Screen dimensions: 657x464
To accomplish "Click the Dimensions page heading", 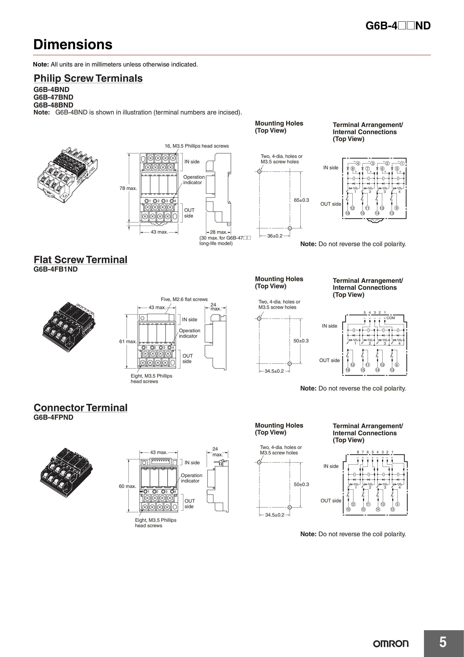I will [73, 45].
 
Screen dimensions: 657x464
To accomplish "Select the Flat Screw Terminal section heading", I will [80, 260].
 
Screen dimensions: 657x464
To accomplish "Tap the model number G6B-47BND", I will [54, 97].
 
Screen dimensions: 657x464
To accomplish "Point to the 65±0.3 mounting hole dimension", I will [301, 200].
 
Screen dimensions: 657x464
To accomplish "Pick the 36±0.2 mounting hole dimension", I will [274, 236].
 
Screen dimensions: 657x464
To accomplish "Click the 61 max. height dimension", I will [128, 341].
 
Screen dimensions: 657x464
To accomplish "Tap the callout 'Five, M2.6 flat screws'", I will [184, 299].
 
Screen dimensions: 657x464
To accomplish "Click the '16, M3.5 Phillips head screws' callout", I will [197, 146].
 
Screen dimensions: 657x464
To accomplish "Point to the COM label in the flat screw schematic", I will [390, 318].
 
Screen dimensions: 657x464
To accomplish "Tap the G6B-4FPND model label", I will [54, 417].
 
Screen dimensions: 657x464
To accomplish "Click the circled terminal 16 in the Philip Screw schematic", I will [348, 213].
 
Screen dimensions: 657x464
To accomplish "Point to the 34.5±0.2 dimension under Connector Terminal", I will [274, 515].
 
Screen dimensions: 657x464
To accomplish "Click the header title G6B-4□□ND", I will [398, 26].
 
